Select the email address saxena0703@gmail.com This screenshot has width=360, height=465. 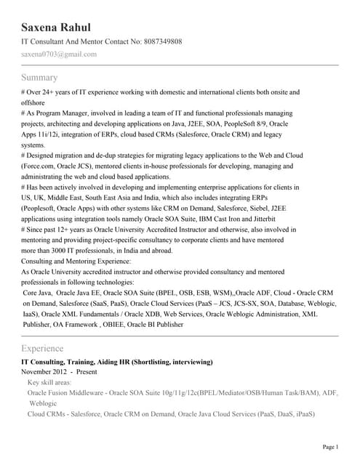click(x=59, y=54)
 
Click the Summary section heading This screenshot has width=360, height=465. click(x=39, y=77)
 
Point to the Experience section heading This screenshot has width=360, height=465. click(x=42, y=348)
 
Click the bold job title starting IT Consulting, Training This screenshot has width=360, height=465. click(x=116, y=361)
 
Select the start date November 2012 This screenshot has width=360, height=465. click(x=45, y=371)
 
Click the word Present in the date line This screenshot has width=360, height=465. click(x=87, y=371)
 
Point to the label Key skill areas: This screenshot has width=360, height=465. click(x=49, y=381)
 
